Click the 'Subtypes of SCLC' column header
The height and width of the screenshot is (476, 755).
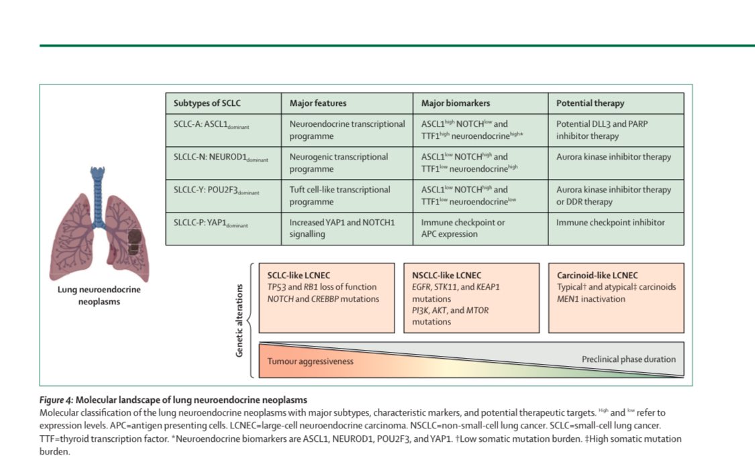[x=207, y=103]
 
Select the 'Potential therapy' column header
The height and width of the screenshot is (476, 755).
[x=590, y=103]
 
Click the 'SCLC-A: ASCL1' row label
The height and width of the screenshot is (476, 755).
[x=211, y=124]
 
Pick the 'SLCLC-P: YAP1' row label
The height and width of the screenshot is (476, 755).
[x=211, y=223]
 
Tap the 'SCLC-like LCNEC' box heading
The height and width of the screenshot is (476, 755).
[x=299, y=276]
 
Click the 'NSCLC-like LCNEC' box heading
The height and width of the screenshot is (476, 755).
[x=446, y=276]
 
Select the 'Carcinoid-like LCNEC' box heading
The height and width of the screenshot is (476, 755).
[x=597, y=276]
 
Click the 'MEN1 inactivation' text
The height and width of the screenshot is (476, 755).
[x=591, y=298]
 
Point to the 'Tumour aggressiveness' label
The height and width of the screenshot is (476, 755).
[x=310, y=361]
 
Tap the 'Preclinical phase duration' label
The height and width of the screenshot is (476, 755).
[x=628, y=359]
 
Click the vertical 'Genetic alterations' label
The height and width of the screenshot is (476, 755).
[x=240, y=320]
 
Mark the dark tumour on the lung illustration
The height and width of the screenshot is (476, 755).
[x=134, y=241]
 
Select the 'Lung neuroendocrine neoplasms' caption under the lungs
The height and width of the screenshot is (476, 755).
[x=99, y=295]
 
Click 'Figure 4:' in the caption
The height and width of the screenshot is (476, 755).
[x=56, y=400]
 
